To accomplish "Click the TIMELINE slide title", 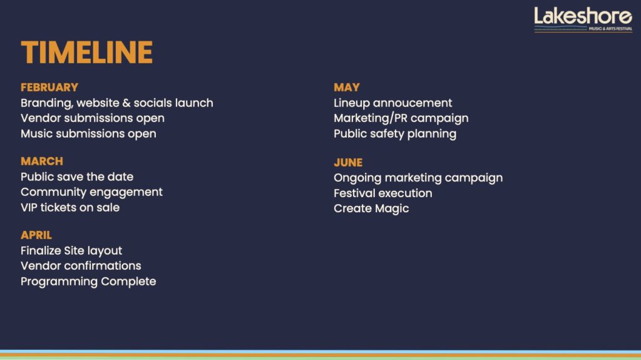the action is pyautogui.click(x=86, y=53).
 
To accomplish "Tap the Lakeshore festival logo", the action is pyautogui.click(x=583, y=19).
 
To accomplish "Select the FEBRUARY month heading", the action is pyautogui.click(x=49, y=87).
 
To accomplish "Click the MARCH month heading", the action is pyautogui.click(x=42, y=161).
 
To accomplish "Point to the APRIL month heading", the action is pyautogui.click(x=36, y=235).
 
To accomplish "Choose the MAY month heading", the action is pyautogui.click(x=347, y=87).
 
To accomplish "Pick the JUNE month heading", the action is pyautogui.click(x=348, y=162).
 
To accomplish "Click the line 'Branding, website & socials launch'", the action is pyautogui.click(x=117, y=103).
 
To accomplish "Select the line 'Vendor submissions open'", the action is pyautogui.click(x=93, y=118).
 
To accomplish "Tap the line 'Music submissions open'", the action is pyautogui.click(x=88, y=134).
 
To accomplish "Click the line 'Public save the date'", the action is pyautogui.click(x=77, y=177).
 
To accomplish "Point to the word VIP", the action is pyautogui.click(x=29, y=207).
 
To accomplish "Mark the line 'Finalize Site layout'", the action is pyautogui.click(x=71, y=251).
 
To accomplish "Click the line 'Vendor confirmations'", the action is pyautogui.click(x=81, y=266).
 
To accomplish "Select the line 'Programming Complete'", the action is pyautogui.click(x=88, y=282).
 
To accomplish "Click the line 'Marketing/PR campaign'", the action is pyautogui.click(x=401, y=118).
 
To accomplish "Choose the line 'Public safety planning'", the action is pyautogui.click(x=395, y=134).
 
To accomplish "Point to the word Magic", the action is pyautogui.click(x=392, y=208).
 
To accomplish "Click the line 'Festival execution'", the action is pyautogui.click(x=383, y=193).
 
